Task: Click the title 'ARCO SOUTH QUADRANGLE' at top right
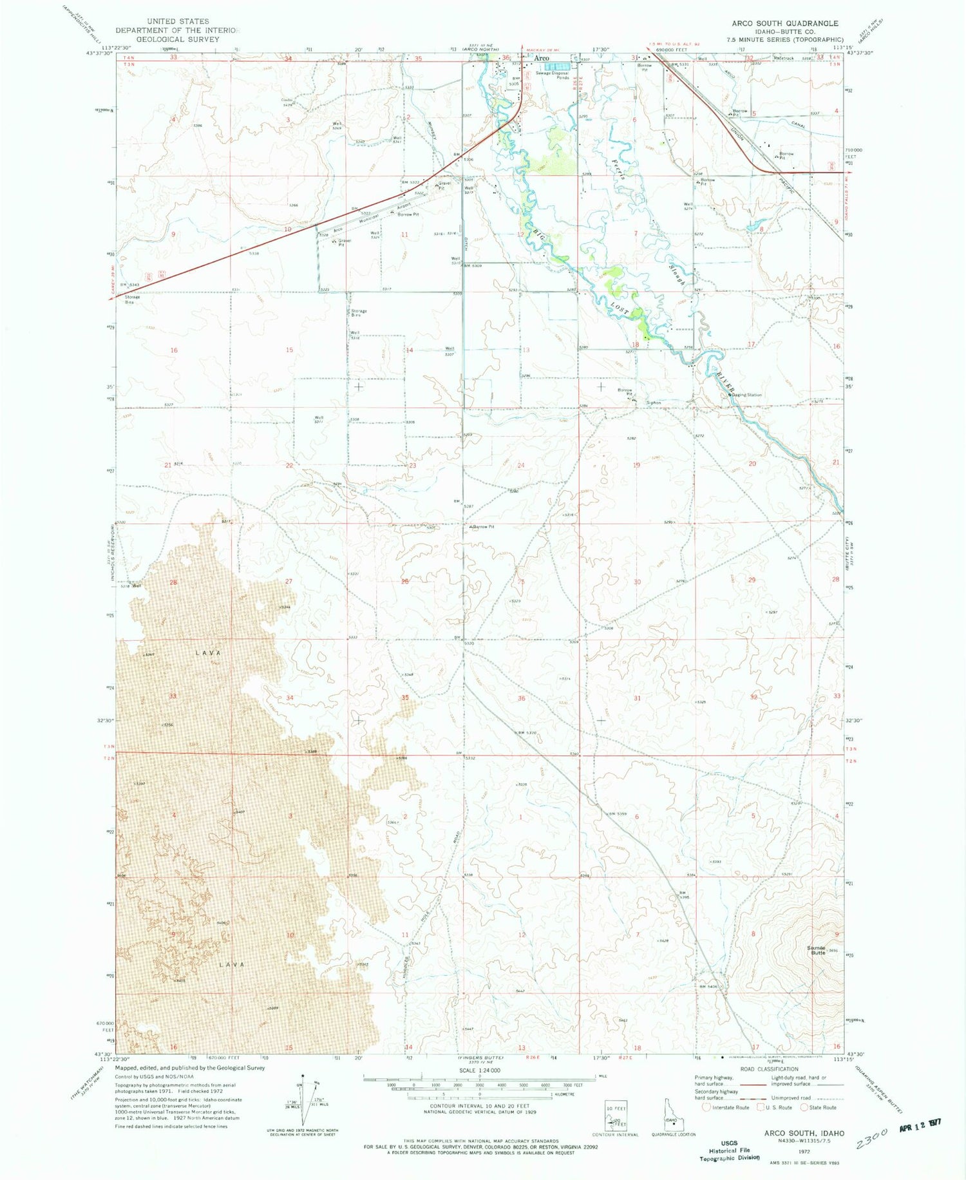tap(784, 23)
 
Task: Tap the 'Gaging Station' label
tap(747, 395)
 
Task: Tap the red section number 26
tap(405, 582)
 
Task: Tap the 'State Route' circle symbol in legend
tap(804, 1108)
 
